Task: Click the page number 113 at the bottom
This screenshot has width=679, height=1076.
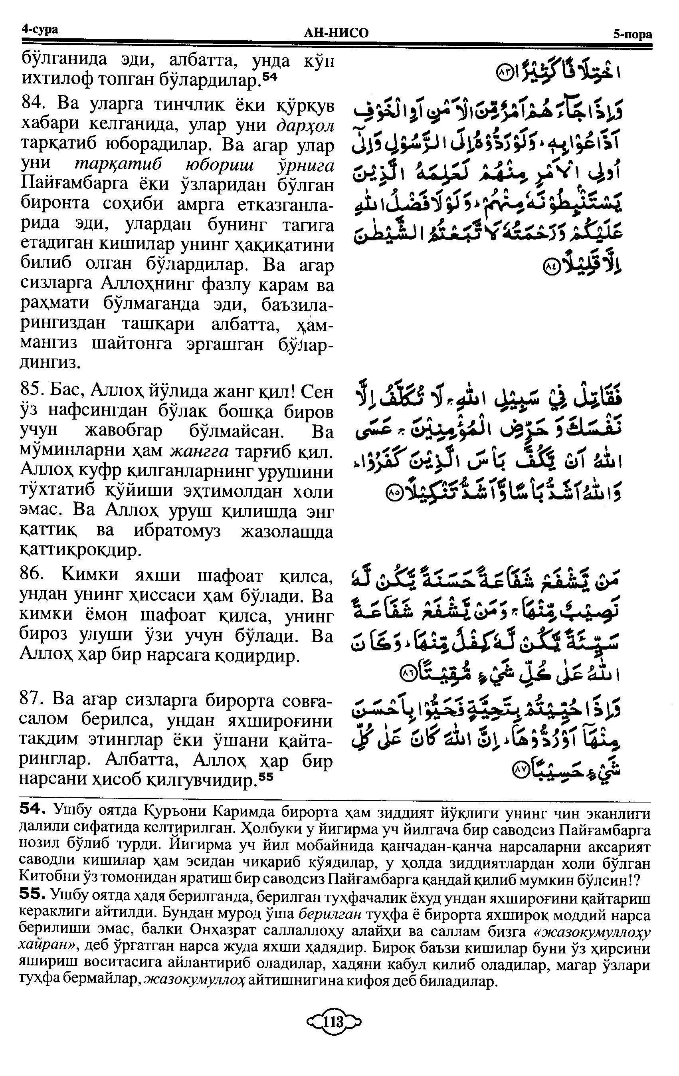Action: pos(333,1056)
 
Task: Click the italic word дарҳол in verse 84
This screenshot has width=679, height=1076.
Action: pos(305,126)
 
